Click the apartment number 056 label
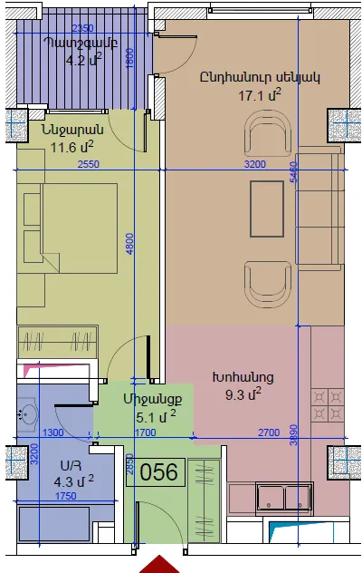[158, 471]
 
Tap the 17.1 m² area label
[260, 95]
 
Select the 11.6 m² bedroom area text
[71, 147]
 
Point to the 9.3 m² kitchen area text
[243, 394]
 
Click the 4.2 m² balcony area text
[83, 59]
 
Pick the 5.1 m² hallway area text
[156, 416]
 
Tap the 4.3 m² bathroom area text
[73, 481]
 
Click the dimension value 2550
[89, 164]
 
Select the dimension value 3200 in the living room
[254, 164]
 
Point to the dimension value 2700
[269, 432]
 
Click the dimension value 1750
[66, 496]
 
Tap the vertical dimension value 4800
[130, 244]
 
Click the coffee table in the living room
[267, 209]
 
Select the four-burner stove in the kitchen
[328, 405]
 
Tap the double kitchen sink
[285, 497]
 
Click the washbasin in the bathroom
[27, 414]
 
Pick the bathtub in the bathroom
[54, 524]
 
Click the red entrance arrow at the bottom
[159, 565]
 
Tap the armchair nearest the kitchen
[268, 285]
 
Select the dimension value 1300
[52, 432]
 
